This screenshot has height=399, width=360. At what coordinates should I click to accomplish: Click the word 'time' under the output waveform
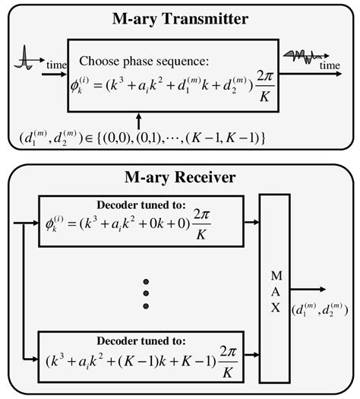pyautogui.click(x=328, y=67)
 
